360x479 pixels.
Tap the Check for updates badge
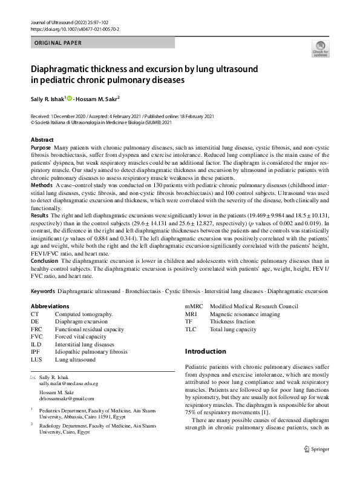319,48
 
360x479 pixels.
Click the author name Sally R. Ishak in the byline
48,98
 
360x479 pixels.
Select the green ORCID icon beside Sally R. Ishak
69,98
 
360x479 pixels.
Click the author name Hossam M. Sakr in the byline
99,98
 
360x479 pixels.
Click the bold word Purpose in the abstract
41,147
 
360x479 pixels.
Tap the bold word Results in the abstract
41,216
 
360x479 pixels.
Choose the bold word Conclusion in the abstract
45,262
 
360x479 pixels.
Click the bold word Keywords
43,291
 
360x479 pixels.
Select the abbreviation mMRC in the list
194,306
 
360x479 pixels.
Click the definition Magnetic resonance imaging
244,314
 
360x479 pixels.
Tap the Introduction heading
209,351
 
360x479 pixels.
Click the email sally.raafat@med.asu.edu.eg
68,384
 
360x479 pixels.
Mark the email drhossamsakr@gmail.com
67,398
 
